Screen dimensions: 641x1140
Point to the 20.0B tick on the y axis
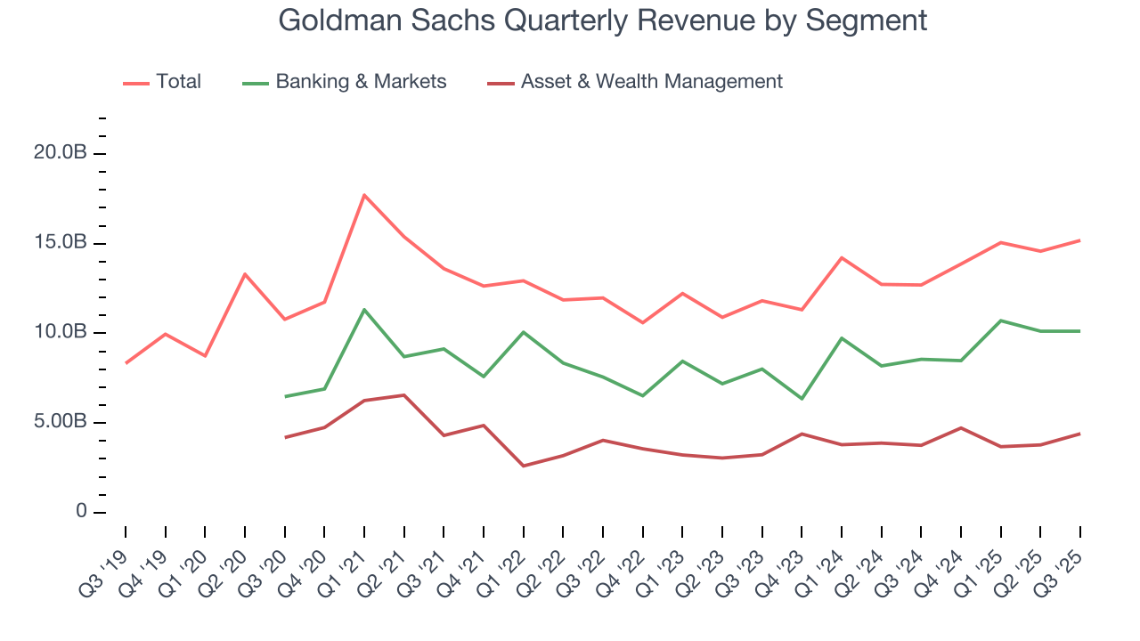click(x=60, y=153)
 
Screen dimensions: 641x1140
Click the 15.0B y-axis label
click(x=60, y=243)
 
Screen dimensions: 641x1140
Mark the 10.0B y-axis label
click(x=60, y=332)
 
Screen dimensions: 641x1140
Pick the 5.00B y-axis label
click(x=60, y=422)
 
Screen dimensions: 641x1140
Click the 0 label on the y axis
click(x=81, y=512)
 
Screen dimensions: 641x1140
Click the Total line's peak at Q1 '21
click(x=364, y=195)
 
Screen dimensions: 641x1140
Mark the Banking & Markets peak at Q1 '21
click(x=364, y=310)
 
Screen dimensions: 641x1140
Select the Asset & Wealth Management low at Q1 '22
click(x=524, y=466)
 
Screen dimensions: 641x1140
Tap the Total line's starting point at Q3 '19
click(x=126, y=363)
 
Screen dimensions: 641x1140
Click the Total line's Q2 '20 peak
click(x=245, y=274)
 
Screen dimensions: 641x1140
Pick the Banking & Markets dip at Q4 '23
click(x=802, y=399)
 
